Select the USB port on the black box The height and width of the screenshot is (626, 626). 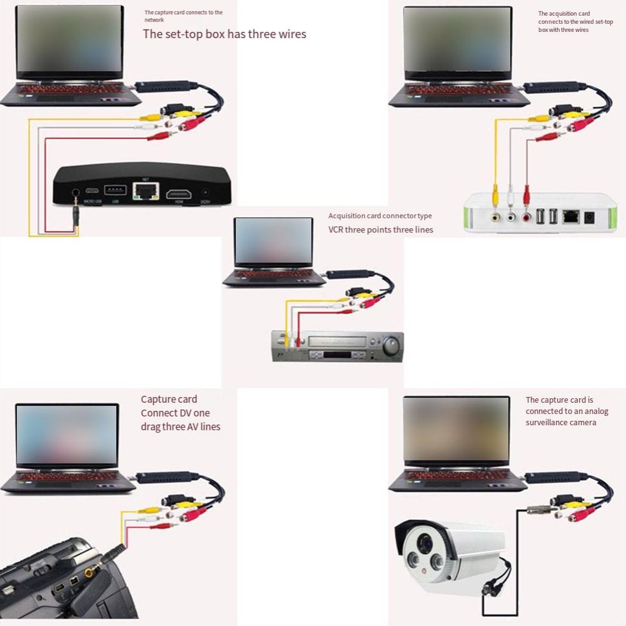coord(115,189)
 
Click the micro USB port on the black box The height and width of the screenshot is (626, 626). coord(92,190)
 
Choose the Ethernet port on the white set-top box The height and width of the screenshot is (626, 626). coord(570,217)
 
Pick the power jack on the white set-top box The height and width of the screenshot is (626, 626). coord(589,218)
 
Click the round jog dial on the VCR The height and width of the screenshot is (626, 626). coord(391,345)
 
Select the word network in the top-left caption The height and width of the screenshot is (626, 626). coord(154,20)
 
